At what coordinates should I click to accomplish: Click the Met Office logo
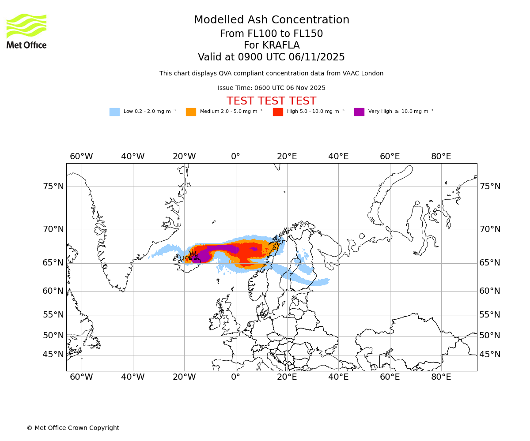26,31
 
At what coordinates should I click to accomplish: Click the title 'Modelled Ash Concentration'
271,20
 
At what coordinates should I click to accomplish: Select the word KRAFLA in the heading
281,45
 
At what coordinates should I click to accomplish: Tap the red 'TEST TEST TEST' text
271,101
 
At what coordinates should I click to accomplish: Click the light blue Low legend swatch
114,112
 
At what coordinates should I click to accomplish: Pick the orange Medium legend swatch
191,112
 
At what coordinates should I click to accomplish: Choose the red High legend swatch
278,112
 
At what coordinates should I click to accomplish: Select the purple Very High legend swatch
359,112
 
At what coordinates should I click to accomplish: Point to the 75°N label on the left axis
53,187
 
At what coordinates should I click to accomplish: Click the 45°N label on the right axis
490,355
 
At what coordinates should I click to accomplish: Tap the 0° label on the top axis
235,157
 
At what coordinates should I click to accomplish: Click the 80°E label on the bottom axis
441,377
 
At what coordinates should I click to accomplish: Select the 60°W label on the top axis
81,157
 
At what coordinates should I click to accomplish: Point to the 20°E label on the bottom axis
287,377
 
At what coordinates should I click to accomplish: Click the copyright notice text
73,428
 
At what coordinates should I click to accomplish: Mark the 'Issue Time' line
271,88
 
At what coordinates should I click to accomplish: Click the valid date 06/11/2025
317,57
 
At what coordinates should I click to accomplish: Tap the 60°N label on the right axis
490,291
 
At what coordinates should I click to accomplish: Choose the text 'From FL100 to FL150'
271,34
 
